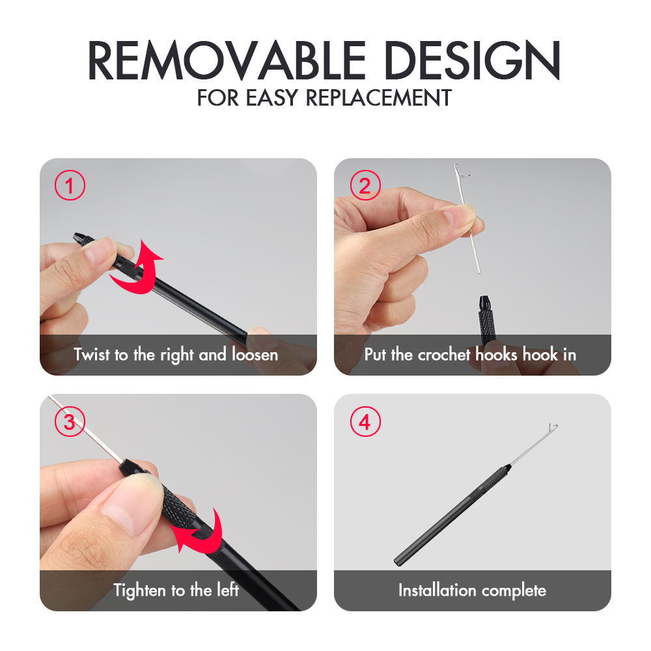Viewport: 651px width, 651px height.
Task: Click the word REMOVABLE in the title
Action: [227, 60]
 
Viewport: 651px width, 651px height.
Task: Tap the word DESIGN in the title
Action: [472, 60]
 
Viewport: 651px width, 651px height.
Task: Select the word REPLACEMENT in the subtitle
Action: [379, 98]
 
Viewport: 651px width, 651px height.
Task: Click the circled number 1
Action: [70, 185]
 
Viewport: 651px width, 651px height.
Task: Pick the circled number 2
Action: [365, 185]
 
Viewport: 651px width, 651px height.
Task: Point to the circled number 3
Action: [70, 421]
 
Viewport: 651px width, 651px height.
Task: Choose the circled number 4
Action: [365, 421]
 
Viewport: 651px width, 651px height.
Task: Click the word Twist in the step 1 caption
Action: [92, 355]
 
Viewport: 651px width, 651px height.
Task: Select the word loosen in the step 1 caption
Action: [255, 355]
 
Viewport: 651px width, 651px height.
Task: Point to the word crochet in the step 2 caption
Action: [444, 355]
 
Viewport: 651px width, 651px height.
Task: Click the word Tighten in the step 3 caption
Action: [139, 590]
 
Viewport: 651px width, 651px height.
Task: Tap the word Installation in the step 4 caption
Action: [437, 590]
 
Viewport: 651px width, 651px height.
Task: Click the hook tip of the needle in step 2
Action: [457, 167]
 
